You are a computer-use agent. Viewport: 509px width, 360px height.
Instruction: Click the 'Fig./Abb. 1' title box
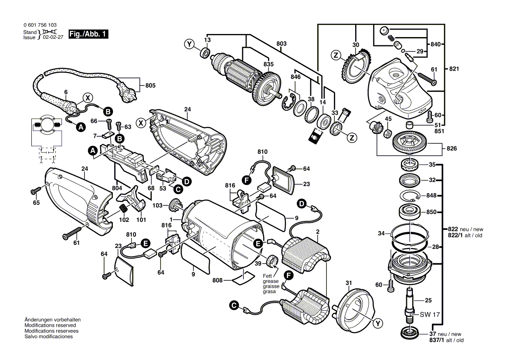pos(88,34)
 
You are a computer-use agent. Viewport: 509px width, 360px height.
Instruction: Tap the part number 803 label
pos(282,44)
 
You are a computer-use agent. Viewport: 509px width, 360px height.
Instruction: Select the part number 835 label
pos(268,64)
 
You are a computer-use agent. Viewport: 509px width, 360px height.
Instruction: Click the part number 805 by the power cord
pos(150,85)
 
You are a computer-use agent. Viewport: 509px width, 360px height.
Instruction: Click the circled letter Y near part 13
pos(189,44)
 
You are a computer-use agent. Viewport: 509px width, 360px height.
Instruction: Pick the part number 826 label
pos(451,148)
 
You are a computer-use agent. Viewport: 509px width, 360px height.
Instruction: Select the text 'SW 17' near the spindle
pos(430,315)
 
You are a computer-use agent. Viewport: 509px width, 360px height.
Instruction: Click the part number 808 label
pos(217,280)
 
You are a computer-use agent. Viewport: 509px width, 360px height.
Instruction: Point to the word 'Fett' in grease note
pos(267,276)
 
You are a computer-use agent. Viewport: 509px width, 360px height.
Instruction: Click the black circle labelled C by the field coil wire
pos(234,305)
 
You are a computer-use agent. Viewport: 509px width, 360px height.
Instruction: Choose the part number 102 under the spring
pos(124,220)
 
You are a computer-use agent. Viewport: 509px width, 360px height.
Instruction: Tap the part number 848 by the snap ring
pos(431,195)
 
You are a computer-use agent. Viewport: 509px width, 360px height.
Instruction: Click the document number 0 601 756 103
pos(40,25)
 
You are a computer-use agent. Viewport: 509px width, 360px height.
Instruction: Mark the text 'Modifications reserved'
pos(50,325)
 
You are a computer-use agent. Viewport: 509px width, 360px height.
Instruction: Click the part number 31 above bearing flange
pos(349,283)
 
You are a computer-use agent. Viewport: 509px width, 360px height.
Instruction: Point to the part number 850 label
pos(431,212)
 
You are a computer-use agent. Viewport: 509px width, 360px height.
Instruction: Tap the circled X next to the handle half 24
pos(141,123)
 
